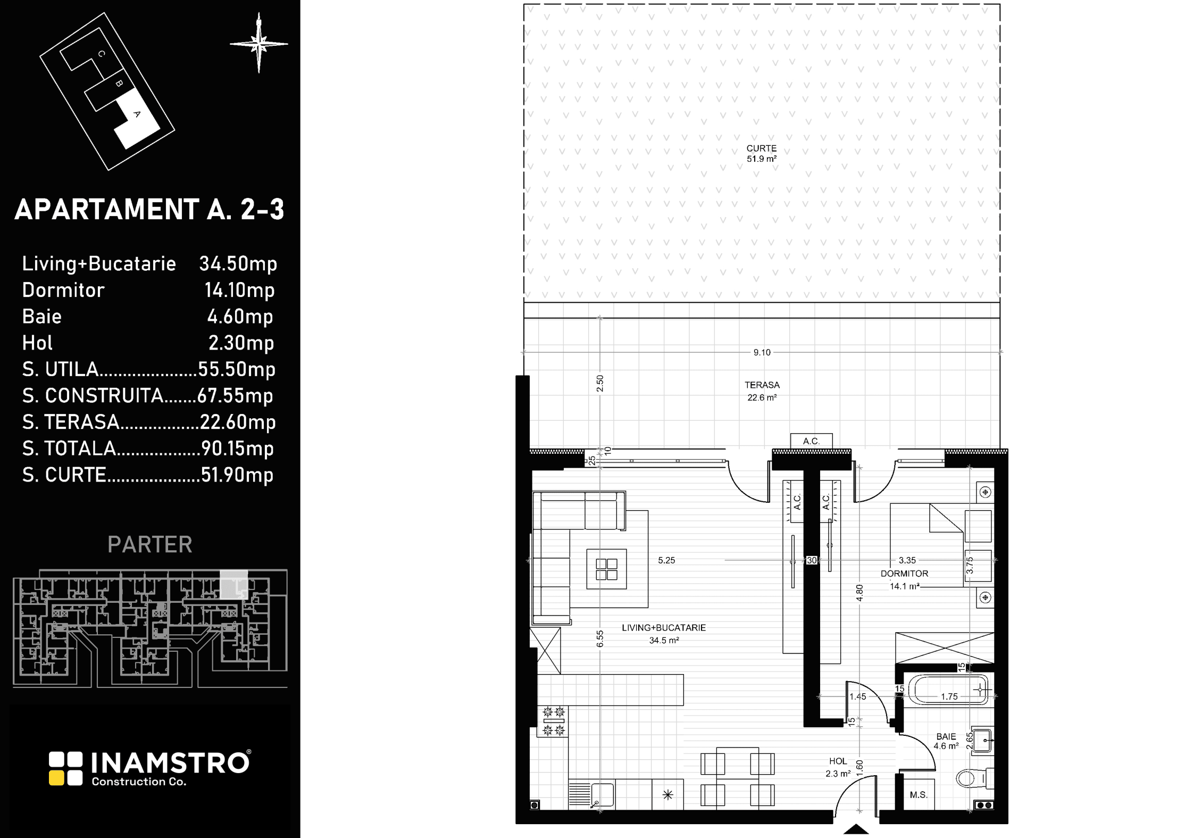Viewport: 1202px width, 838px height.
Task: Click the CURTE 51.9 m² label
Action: point(762,154)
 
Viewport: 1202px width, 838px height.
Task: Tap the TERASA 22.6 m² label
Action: point(762,391)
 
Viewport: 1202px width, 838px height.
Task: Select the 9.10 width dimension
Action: point(762,352)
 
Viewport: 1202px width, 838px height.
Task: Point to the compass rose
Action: point(259,44)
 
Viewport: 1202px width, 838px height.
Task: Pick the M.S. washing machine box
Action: point(919,795)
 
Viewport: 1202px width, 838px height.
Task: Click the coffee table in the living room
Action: point(606,569)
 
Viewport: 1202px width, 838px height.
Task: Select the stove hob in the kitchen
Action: point(553,721)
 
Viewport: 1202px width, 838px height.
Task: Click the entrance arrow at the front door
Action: point(856,829)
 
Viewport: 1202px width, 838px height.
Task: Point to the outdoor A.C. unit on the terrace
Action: point(811,441)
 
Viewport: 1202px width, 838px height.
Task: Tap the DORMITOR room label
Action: point(904,574)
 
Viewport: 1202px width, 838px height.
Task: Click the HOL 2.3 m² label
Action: point(838,767)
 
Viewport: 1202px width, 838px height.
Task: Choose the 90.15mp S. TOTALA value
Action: point(237,449)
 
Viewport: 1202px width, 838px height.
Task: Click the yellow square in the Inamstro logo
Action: point(56,778)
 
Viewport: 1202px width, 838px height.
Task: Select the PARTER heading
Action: point(150,544)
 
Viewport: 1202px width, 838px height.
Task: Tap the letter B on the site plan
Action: point(119,84)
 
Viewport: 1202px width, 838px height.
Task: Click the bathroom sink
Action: point(983,740)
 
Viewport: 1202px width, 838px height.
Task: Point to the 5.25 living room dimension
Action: point(666,560)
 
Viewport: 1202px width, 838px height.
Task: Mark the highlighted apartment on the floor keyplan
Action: point(234,585)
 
